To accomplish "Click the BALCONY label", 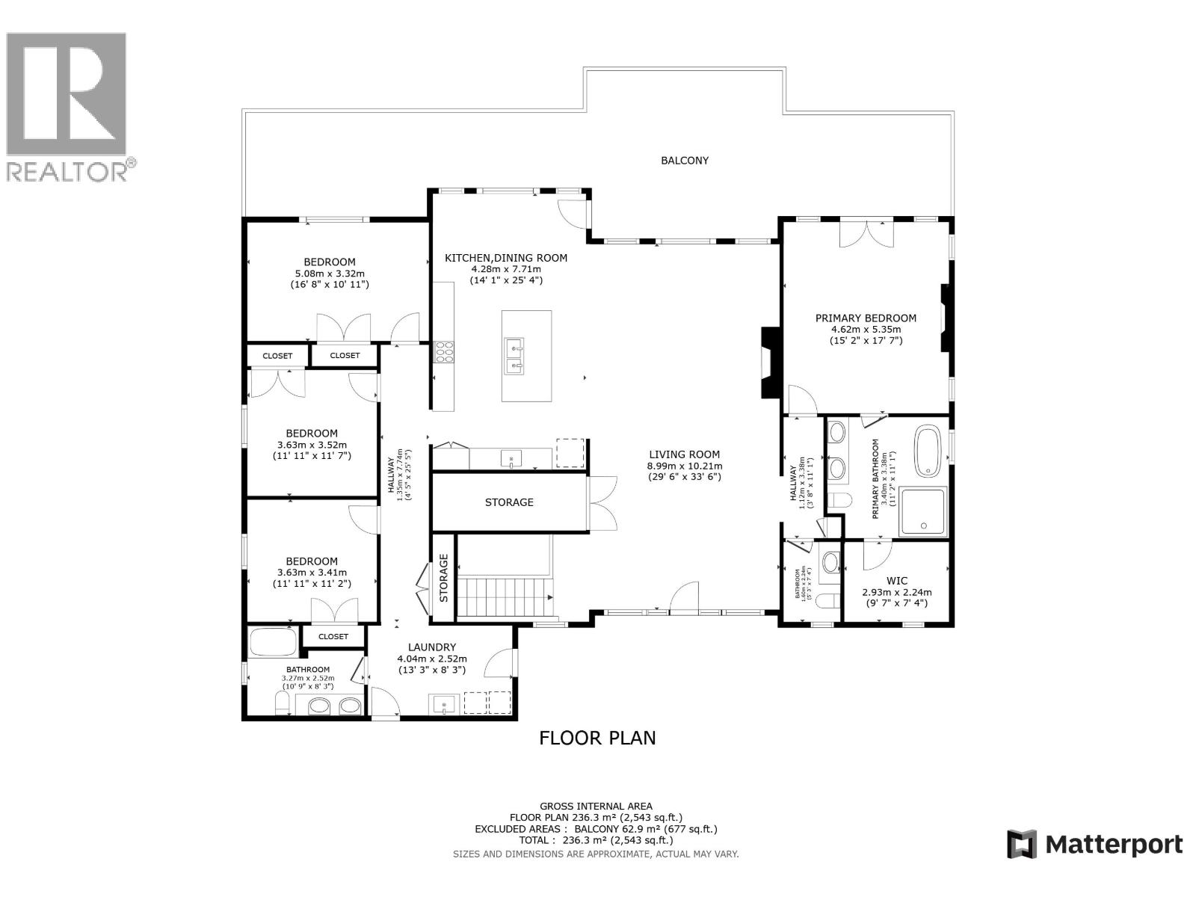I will point(685,161).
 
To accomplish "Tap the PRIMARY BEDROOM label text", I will point(866,318).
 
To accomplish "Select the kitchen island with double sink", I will point(526,356).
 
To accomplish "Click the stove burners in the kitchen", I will point(444,351).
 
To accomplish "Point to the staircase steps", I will point(502,597).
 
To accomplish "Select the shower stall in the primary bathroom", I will point(923,511).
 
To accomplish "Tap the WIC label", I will point(896,581).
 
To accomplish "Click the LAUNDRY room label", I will point(432,647).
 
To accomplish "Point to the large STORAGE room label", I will point(509,502).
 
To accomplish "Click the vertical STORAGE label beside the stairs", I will point(444,578).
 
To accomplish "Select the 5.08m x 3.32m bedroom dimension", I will point(330,273).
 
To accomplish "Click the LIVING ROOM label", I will point(684,454).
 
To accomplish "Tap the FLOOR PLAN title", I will point(597,738).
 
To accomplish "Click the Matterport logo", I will point(1094,845).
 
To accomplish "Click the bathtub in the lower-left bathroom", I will point(273,642).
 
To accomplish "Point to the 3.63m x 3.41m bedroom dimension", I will point(312,573).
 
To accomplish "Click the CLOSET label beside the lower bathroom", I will point(333,637).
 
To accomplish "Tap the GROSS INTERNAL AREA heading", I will point(596,806).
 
